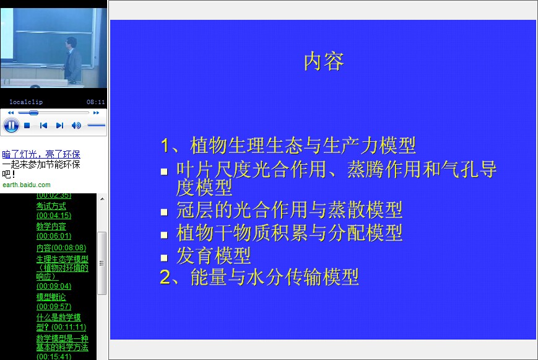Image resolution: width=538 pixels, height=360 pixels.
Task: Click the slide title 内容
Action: tap(324, 61)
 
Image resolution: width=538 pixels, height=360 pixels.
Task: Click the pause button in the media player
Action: tap(11, 125)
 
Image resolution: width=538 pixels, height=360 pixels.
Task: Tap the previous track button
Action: tap(43, 125)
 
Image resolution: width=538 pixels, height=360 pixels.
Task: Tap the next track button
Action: tap(59, 125)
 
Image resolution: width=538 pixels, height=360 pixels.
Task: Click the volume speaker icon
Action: tap(76, 125)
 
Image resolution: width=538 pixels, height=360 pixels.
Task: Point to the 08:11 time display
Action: tap(96, 102)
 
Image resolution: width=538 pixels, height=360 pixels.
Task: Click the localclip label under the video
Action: tap(26, 102)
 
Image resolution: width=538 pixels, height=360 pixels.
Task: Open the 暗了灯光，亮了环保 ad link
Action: tap(41, 154)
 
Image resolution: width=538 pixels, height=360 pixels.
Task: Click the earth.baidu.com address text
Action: tap(27, 185)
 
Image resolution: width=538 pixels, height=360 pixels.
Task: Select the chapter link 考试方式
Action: tap(51, 206)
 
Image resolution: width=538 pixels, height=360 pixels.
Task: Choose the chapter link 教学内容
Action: tap(51, 227)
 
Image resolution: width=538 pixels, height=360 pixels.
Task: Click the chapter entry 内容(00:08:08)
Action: tap(61, 248)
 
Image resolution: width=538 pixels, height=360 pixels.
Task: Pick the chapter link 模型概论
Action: tap(51, 297)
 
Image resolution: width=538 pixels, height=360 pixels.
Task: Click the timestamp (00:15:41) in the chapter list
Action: tap(54, 356)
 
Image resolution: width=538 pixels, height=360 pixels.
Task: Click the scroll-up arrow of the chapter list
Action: tap(102, 199)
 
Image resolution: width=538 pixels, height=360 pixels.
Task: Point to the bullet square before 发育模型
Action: tap(164, 258)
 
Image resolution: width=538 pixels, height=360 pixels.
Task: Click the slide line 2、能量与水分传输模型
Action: tap(259, 277)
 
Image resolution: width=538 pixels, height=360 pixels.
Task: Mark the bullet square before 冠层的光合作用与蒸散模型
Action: tap(164, 212)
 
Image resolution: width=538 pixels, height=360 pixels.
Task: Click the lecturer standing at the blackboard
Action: tap(72, 59)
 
